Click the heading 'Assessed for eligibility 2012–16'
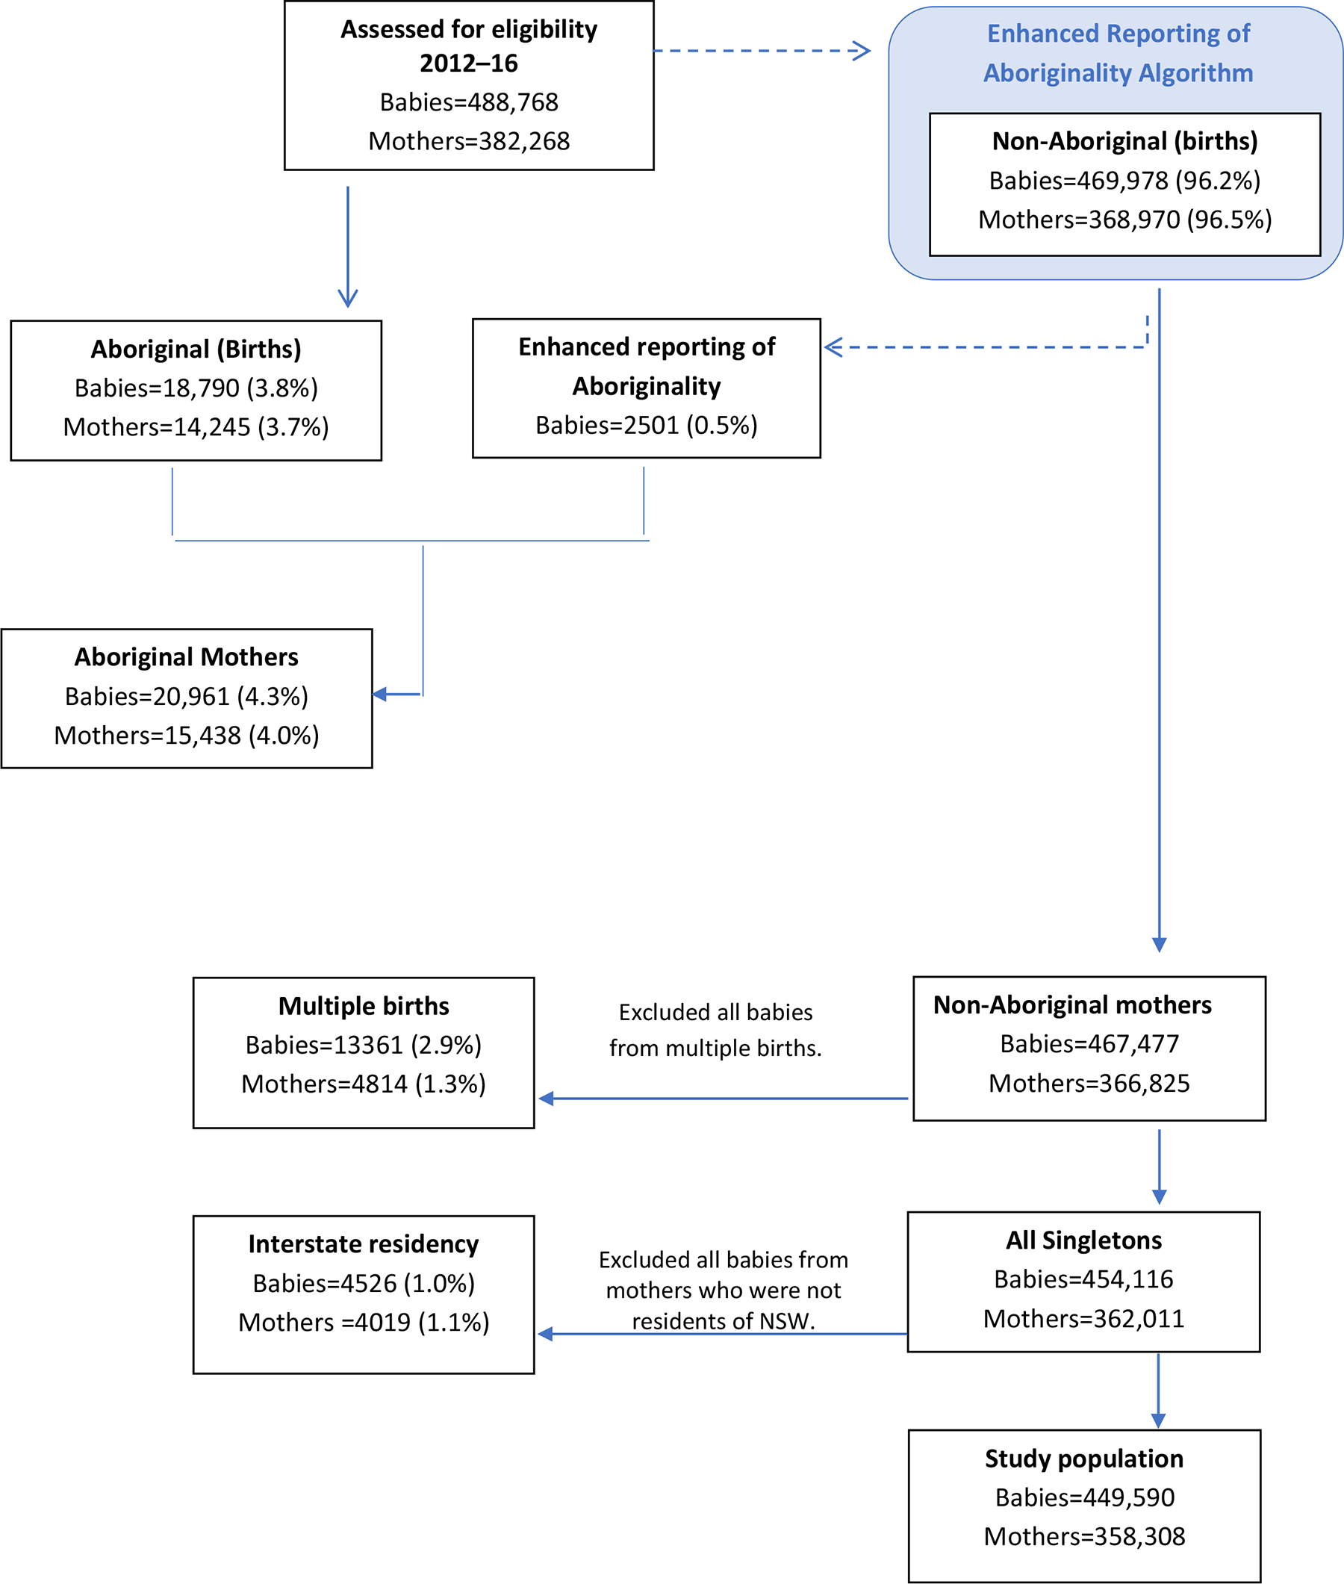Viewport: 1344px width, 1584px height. point(469,46)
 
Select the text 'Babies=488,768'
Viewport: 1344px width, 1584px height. point(469,102)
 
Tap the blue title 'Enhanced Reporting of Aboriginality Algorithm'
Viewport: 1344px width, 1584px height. point(1118,53)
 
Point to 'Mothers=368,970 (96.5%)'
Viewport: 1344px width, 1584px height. point(1124,220)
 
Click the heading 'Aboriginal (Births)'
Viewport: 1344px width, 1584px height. point(196,349)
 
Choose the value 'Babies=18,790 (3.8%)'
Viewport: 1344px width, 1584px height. point(196,388)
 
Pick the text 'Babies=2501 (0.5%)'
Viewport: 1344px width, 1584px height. point(646,425)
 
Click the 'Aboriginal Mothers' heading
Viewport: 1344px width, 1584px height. point(186,656)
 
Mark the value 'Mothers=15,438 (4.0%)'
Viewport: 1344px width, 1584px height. point(186,735)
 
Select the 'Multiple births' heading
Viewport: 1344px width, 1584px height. point(364,1006)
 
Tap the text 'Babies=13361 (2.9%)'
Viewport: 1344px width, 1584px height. point(364,1045)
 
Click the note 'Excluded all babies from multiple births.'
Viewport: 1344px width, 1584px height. point(715,1030)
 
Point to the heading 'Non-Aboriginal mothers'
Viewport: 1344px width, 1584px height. point(1072,1005)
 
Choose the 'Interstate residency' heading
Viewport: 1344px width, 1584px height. point(364,1243)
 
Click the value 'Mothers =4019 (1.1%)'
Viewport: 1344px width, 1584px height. point(364,1322)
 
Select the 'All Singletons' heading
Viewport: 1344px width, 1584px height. point(1083,1240)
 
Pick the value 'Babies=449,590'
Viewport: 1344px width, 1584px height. point(1084,1497)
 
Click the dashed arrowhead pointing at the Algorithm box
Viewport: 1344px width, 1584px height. point(862,51)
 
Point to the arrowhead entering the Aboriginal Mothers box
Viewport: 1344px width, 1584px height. point(379,694)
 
